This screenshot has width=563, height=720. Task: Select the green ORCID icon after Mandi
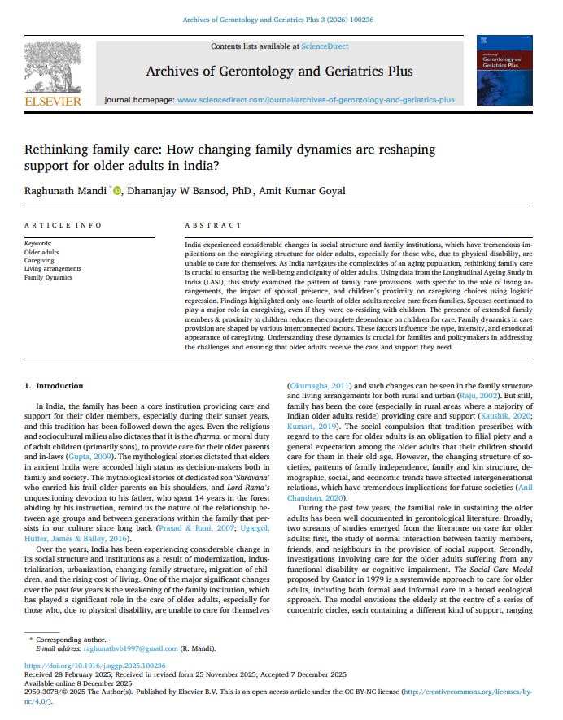tap(117, 191)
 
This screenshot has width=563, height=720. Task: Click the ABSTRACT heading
tap(212, 225)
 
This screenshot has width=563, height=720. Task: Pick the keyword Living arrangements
tap(53, 268)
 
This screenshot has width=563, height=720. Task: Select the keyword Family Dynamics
tap(48, 277)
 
